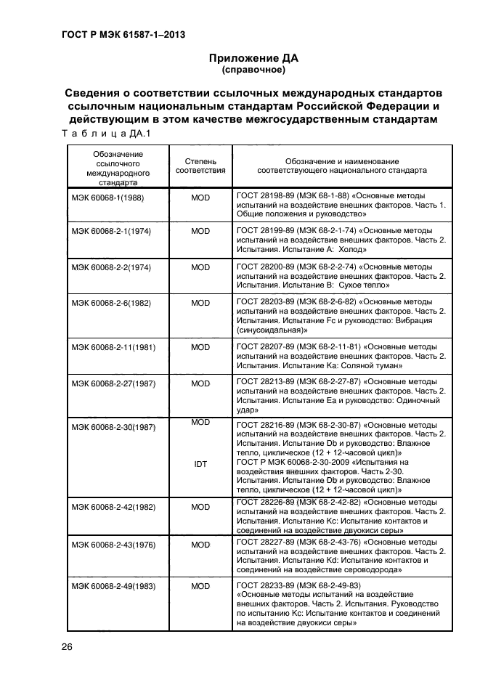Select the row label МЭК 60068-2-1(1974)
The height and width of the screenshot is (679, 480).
(x=110, y=232)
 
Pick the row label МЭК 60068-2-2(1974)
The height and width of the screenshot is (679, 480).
(x=110, y=267)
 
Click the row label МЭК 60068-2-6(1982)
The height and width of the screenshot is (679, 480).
(x=110, y=303)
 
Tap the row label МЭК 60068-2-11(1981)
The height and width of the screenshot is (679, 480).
(x=112, y=348)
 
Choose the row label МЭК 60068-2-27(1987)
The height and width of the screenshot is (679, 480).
(x=112, y=383)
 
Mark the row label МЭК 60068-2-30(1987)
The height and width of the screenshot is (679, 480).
(x=112, y=427)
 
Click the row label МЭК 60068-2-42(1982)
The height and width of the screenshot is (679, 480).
(x=112, y=507)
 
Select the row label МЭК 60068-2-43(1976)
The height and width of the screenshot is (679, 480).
(x=112, y=544)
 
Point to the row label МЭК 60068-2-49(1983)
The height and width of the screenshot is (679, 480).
(x=112, y=586)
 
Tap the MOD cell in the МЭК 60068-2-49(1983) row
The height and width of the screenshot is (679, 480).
(x=200, y=586)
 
